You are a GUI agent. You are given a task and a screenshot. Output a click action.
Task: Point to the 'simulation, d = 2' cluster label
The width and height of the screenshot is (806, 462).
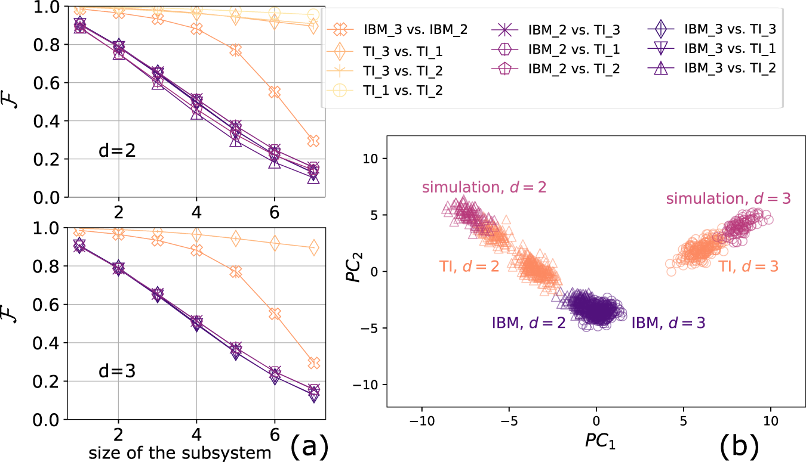pyautogui.click(x=484, y=188)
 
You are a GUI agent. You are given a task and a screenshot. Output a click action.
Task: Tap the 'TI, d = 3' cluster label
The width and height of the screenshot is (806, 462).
pyautogui.click(x=748, y=266)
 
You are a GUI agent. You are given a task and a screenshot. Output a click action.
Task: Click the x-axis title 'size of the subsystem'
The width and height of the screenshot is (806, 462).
pyautogui.click(x=180, y=453)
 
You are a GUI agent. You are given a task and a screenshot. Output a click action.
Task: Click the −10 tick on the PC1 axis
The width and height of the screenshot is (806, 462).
pyautogui.click(x=422, y=421)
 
